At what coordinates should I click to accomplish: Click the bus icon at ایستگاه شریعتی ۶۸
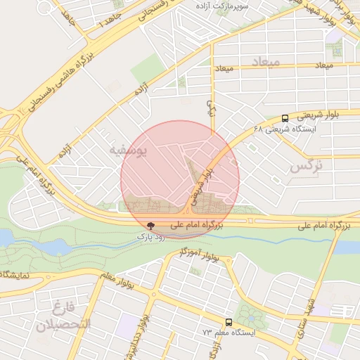click(285, 118)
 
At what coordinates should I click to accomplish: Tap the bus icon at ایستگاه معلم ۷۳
click(228, 321)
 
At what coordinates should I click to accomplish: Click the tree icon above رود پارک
click(150, 226)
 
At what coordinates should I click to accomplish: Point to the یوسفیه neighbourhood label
click(127, 150)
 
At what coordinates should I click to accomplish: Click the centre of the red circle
click(180, 179)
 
